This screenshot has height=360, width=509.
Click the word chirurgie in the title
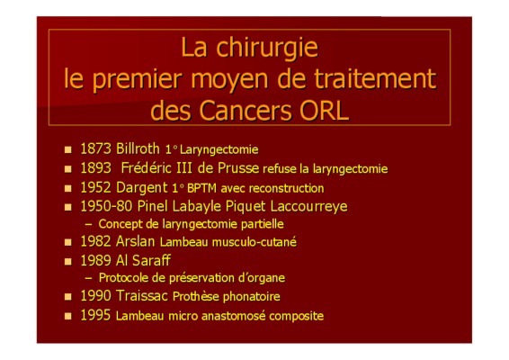pos(267,49)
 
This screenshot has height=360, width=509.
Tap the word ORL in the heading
pos(324,111)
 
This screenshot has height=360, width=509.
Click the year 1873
pos(95,148)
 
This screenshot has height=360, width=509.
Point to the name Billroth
pos(138,148)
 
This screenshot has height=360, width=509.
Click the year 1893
pos(95,168)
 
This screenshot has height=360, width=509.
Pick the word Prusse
pos(238,168)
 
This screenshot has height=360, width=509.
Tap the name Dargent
pos(141,188)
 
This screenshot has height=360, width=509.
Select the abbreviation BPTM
pos(201,188)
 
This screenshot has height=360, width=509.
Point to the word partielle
pos(263,224)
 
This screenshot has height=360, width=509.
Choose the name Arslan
pos(136,241)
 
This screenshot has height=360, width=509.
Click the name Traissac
pos(142,296)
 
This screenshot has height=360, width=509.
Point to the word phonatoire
pos(251,297)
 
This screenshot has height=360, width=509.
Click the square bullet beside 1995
pos(67,316)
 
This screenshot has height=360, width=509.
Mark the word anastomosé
pos(234,316)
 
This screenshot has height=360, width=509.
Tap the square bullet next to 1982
pos(67,242)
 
